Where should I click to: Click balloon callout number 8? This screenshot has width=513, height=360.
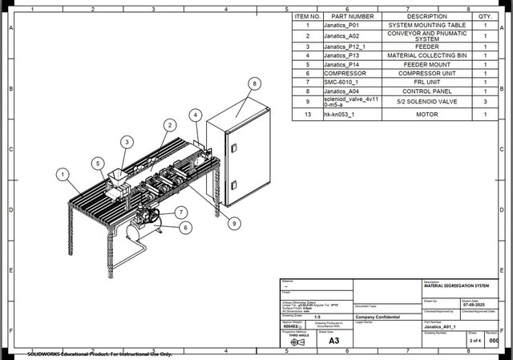[254, 83]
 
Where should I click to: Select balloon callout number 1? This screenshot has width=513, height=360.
[62, 173]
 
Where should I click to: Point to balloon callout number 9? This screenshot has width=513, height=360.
[234, 223]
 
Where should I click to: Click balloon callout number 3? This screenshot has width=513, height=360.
[126, 142]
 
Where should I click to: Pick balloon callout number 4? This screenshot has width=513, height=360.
[196, 115]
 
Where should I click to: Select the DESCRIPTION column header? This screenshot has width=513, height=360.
[427, 16]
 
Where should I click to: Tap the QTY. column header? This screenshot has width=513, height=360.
[485, 16]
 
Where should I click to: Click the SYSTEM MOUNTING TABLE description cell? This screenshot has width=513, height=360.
[427, 26]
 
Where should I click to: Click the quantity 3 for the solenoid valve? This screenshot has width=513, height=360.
[485, 102]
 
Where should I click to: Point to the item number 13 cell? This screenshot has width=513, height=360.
[307, 115]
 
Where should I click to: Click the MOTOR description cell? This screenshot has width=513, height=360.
[427, 115]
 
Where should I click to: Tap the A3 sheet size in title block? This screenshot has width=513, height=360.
[333, 341]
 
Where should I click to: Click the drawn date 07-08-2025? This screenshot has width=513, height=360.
[475, 305]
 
